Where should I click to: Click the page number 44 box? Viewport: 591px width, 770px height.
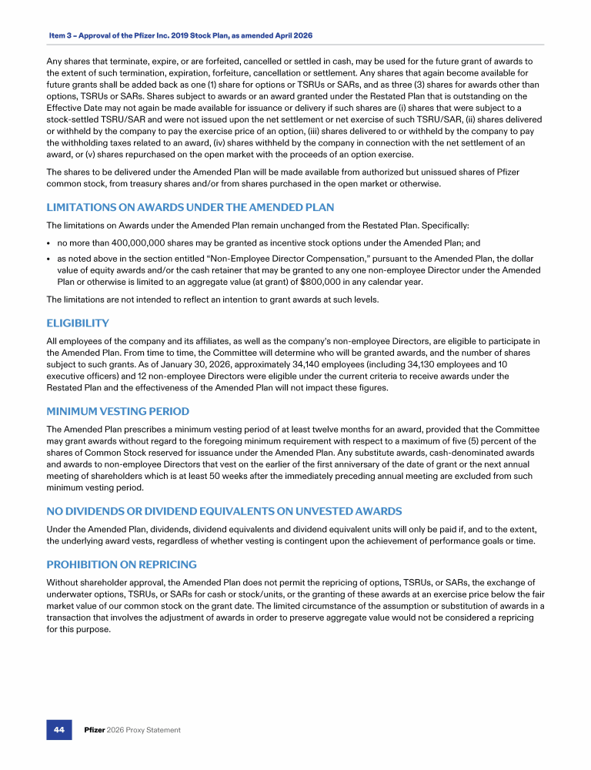[x=58, y=729]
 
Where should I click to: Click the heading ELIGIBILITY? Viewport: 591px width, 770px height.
[x=78, y=323]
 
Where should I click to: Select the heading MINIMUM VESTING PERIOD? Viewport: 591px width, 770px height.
[x=118, y=411]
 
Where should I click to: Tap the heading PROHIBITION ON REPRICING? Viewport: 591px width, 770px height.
[x=122, y=564]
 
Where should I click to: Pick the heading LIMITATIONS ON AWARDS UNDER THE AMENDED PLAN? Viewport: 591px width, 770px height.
[x=190, y=208]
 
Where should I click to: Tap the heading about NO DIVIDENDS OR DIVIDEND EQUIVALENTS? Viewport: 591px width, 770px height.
[x=224, y=511]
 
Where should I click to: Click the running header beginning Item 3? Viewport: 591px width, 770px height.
[x=181, y=35]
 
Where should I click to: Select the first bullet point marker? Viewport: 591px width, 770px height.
[x=50, y=242]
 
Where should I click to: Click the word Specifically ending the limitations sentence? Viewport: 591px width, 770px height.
[x=442, y=225]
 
